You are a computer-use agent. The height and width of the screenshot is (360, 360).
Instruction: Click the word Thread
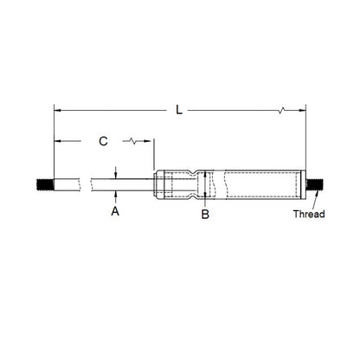pos(308,213)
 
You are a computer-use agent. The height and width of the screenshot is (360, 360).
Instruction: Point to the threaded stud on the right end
pos(314,184)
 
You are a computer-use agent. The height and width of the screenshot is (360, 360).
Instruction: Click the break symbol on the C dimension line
pos(132,140)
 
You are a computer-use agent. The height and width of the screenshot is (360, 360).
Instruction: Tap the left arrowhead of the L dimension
pos(58,111)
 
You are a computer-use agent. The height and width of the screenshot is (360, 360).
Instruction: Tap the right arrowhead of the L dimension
pos(303,111)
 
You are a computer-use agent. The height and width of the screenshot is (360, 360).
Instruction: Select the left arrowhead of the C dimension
pos(58,140)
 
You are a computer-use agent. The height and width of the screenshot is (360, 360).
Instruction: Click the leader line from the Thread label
pos(312,201)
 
